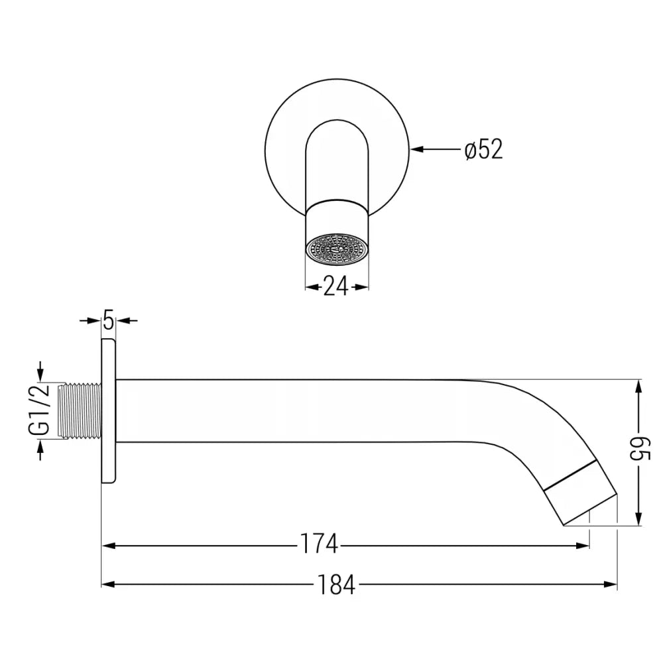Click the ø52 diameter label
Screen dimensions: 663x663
click(x=483, y=150)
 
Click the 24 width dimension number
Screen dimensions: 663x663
click(x=336, y=286)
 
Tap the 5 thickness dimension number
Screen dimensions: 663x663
click(x=108, y=321)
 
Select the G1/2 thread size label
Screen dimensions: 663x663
click(x=40, y=411)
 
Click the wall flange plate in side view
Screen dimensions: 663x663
click(x=108, y=411)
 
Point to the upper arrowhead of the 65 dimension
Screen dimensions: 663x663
click(x=638, y=385)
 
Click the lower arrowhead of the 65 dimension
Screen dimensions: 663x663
click(x=638, y=520)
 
